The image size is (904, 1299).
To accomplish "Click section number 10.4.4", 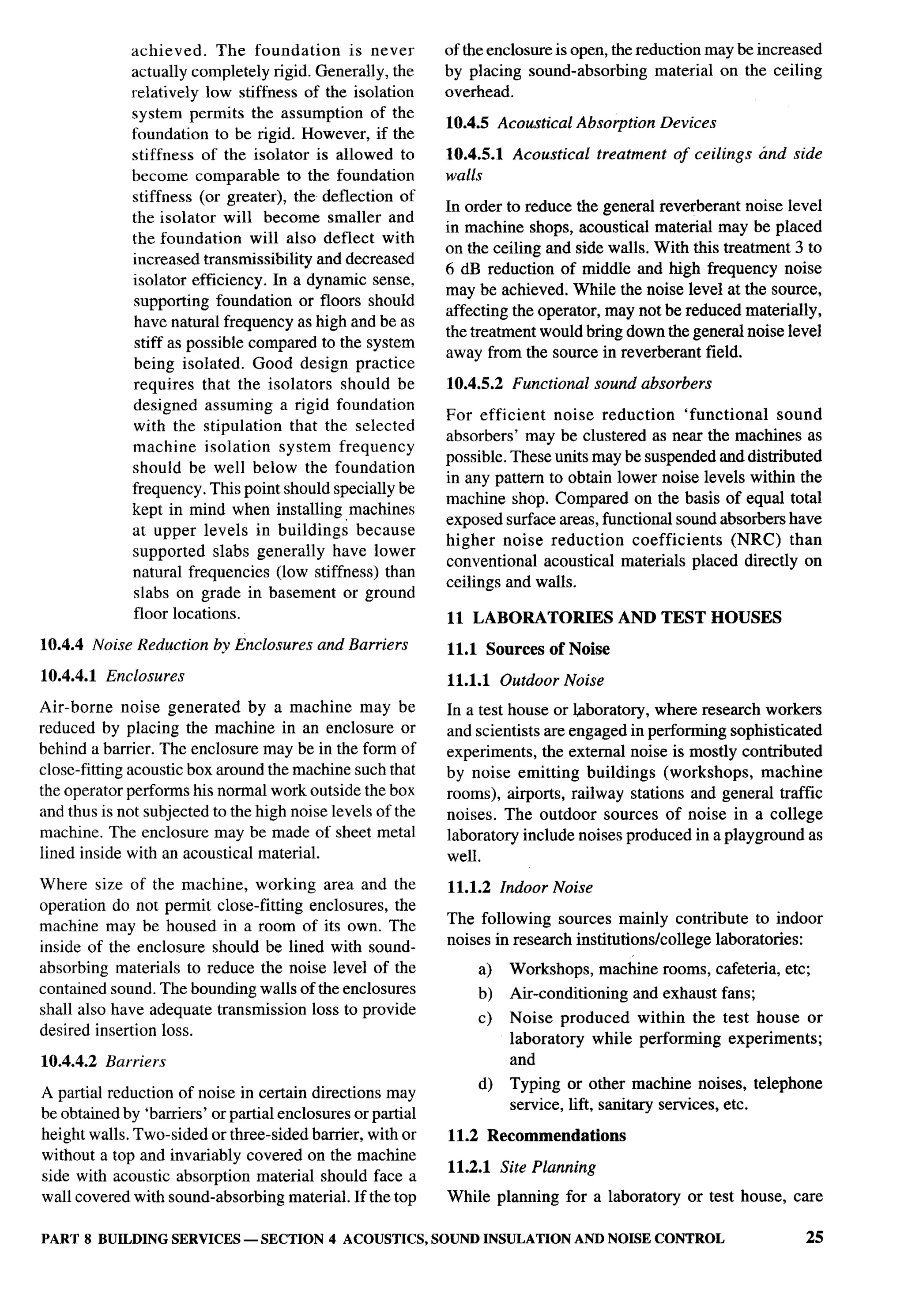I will tap(62, 645).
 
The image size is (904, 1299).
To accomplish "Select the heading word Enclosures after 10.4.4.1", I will tap(145, 676).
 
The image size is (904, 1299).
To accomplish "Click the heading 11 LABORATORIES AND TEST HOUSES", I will tap(614, 617).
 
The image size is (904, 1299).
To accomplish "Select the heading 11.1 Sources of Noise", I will tap(528, 649).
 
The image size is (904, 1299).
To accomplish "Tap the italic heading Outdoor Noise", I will tap(551, 680).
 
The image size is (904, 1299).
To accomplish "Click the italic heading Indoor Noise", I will tap(546, 887).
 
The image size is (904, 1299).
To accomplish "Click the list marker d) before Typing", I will tap(485, 1084).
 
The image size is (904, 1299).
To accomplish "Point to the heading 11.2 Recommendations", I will tap(536, 1136).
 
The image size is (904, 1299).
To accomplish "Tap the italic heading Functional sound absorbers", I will tap(612, 384).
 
